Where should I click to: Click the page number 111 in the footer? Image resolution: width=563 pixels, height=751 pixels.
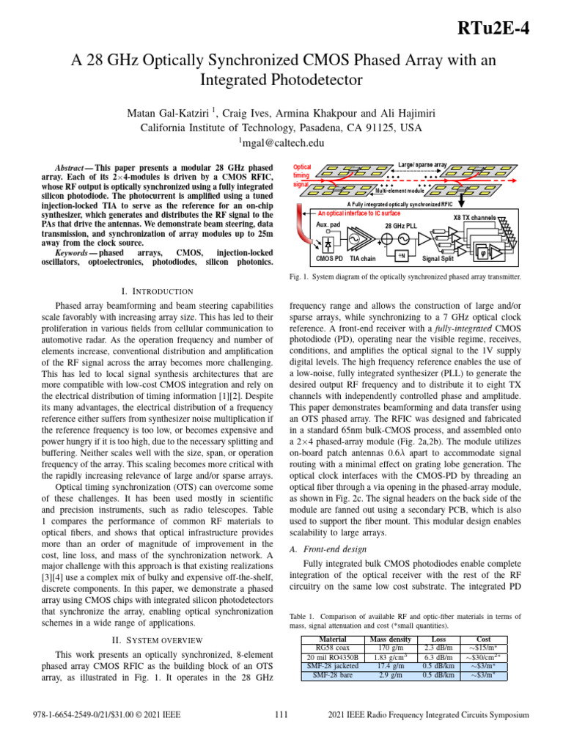coord(281,714)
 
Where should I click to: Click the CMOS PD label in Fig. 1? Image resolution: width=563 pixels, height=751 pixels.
coord(330,258)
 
